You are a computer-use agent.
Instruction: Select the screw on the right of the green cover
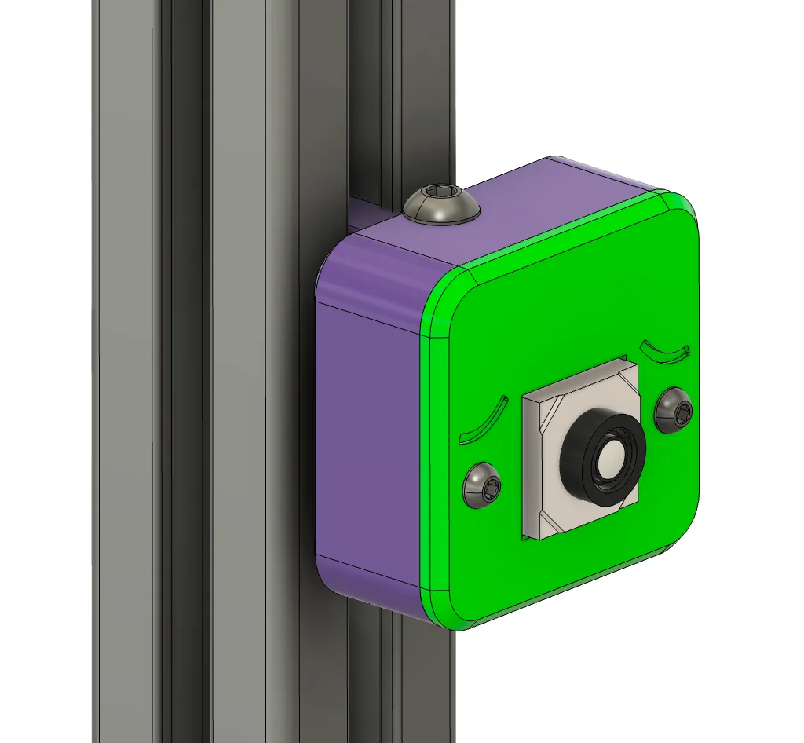(676, 409)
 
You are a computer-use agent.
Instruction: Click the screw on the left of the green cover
(483, 485)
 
